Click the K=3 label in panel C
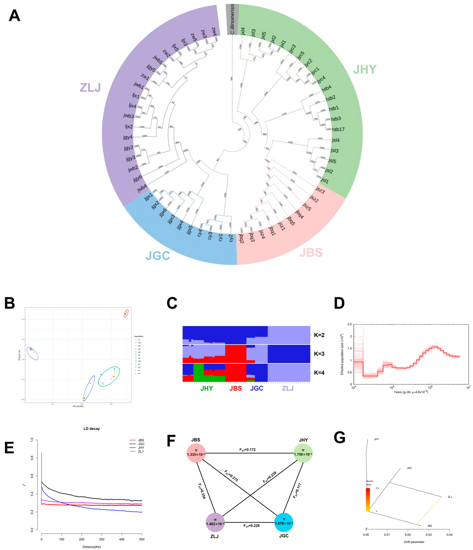[x=319, y=354]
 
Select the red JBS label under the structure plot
[x=235, y=388]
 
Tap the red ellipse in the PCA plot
[x=126, y=313]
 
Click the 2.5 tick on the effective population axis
[x=350, y=324]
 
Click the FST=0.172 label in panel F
[x=247, y=450]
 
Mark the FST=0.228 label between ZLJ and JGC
[x=251, y=526]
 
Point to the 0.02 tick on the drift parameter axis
[x=408, y=535]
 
